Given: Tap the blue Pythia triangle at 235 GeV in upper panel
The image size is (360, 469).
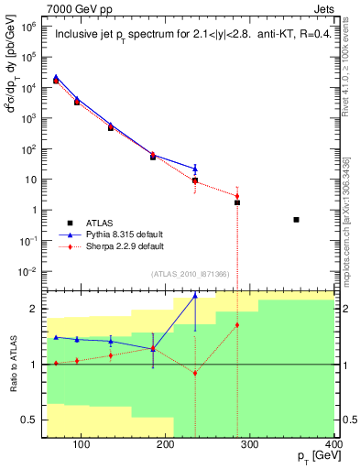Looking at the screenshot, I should pyautogui.click(x=195, y=168).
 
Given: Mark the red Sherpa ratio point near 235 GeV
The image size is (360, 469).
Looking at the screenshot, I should pyautogui.click(x=195, y=373).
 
